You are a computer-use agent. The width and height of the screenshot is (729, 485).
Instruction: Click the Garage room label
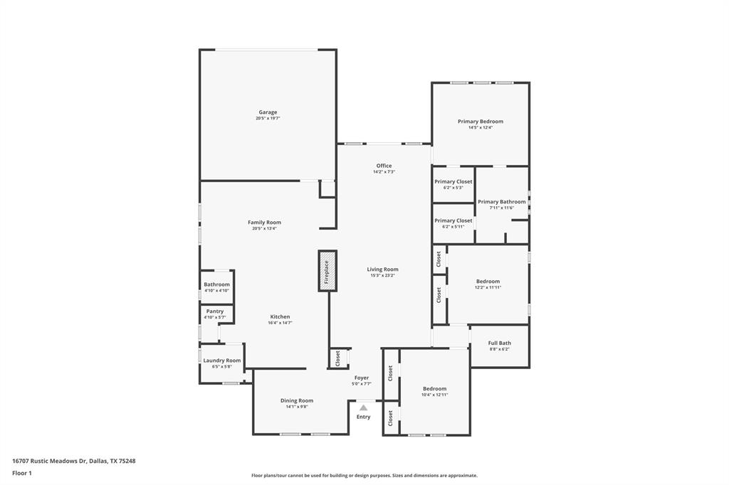(268, 112)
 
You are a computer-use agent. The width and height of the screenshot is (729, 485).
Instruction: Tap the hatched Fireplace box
(327, 271)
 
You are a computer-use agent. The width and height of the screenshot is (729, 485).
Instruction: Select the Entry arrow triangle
(363, 407)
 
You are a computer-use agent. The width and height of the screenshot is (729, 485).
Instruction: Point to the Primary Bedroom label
(480, 122)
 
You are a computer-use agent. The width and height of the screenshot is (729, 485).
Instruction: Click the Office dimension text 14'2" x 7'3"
(384, 172)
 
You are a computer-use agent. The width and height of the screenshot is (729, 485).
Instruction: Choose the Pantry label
(214, 311)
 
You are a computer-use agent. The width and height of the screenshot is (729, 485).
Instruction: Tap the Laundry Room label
(222, 361)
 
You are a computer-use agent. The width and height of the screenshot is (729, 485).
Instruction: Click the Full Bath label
(499, 343)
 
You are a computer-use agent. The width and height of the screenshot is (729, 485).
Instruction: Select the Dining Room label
(296, 400)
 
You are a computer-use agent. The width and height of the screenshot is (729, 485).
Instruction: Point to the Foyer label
(362, 378)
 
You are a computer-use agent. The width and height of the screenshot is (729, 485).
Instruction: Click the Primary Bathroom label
(501, 202)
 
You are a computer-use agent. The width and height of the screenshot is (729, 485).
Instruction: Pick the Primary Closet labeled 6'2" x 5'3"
(453, 182)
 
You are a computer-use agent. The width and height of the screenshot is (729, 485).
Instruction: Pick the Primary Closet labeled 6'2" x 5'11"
(453, 221)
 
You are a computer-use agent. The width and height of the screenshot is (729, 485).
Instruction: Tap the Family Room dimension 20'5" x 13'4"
(264, 229)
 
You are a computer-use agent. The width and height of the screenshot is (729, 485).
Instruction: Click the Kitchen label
(280, 316)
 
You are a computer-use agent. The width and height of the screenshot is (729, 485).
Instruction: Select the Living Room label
(382, 270)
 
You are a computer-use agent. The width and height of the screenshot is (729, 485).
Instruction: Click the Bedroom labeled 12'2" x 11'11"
(488, 282)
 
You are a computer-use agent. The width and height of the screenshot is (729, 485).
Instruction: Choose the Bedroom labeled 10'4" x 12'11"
(434, 389)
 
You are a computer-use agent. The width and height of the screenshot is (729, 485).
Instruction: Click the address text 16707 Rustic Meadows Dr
(49, 461)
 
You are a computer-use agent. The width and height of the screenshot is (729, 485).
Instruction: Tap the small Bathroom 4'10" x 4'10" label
(216, 284)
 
